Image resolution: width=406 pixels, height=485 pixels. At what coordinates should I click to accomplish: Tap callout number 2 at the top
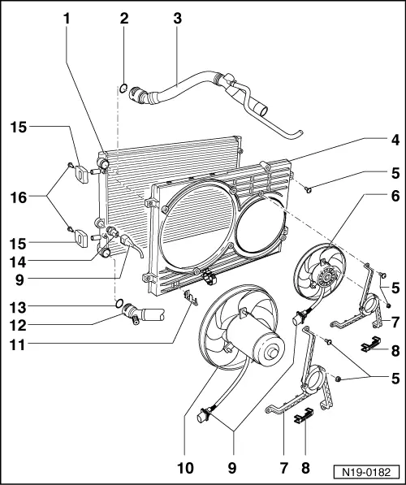[x=124, y=17]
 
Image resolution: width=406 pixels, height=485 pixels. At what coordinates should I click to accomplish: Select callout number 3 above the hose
[x=178, y=17]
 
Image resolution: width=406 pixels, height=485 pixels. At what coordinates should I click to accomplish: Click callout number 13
[x=19, y=305]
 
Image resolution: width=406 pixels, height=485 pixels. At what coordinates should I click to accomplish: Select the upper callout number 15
[x=19, y=127]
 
